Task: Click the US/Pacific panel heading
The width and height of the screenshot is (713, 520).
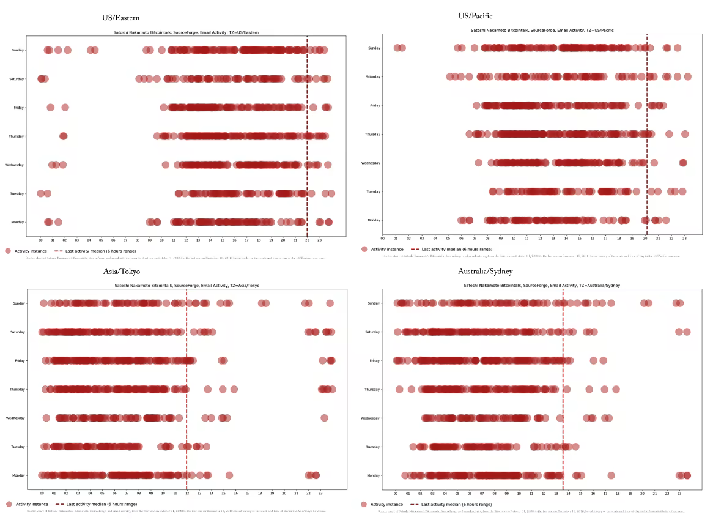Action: click(x=475, y=16)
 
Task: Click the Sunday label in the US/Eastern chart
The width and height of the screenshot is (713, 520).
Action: click(x=18, y=50)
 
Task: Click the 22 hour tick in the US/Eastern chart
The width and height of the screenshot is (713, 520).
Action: click(x=307, y=240)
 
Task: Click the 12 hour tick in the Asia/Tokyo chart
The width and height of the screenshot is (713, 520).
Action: click(x=187, y=492)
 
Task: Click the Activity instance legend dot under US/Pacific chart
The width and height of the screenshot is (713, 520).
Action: click(x=364, y=250)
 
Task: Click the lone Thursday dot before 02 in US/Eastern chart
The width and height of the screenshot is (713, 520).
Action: click(x=63, y=136)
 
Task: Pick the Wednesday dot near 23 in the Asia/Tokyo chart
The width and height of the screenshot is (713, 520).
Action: click(x=324, y=418)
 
